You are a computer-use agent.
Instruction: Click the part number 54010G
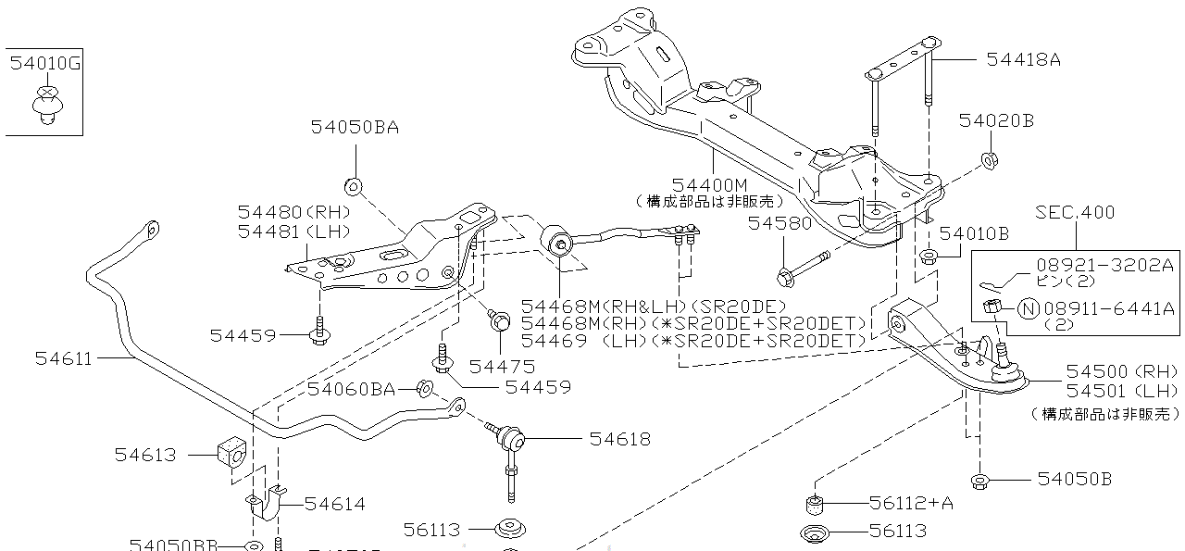click(45, 64)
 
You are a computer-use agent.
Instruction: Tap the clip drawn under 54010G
click(48, 103)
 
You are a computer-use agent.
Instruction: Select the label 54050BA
click(355, 128)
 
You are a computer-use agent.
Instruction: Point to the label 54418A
click(1023, 59)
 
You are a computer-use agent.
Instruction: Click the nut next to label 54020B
click(988, 160)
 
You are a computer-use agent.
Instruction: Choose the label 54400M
click(709, 184)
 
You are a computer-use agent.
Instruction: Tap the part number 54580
click(780, 223)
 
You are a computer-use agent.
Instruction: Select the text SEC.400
click(1075, 213)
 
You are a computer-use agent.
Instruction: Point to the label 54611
click(64, 358)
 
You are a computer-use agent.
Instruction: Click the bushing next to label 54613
click(231, 453)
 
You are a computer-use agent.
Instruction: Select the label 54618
click(619, 439)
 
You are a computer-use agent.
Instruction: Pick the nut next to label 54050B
click(979, 480)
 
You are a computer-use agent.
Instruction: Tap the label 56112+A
click(910, 503)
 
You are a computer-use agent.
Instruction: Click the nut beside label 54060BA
click(426, 388)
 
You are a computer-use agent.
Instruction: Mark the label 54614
click(334, 504)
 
